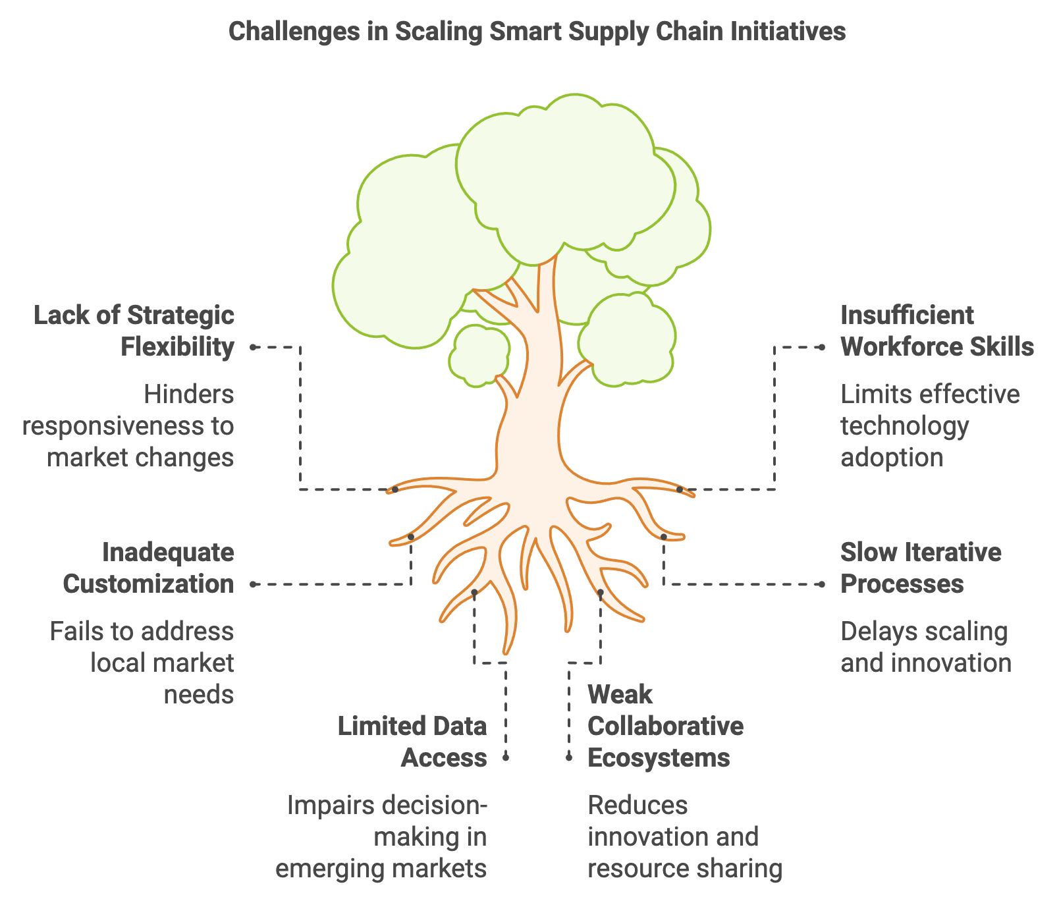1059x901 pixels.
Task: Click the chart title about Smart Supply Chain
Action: pos(537,31)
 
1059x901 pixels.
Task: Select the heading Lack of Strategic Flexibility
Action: pos(134,331)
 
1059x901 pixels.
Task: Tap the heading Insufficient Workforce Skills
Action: pos(937,331)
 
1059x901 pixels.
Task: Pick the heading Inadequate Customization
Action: pos(149,568)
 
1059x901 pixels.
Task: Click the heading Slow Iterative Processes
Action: pos(921,568)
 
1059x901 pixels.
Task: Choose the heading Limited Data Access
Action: pos(412,742)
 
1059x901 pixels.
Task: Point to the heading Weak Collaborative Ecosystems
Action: pos(665,726)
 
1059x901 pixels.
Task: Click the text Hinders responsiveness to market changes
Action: pos(128,425)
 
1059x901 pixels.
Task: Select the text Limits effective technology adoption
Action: pos(930,425)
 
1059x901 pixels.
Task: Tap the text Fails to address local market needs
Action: pos(142,663)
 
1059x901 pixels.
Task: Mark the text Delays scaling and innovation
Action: pos(926,647)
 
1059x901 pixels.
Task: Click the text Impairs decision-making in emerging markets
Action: pos(381,836)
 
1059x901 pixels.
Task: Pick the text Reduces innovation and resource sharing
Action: pos(685,836)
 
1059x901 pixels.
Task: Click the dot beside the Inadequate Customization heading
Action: pos(253,584)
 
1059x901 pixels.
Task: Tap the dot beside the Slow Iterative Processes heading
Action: pos(821,584)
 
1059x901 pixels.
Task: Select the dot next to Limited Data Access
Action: pos(506,758)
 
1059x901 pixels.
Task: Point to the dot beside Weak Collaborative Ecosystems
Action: pos(569,758)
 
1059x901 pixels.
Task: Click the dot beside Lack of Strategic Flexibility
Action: pos(253,347)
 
